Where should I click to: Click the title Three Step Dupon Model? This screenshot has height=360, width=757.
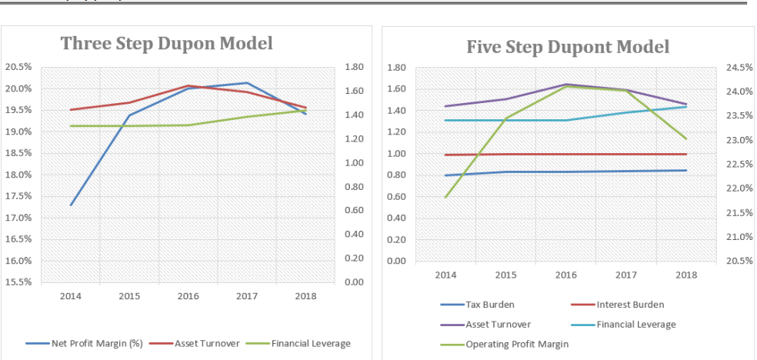(x=166, y=43)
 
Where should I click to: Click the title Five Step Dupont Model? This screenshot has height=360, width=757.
(x=568, y=47)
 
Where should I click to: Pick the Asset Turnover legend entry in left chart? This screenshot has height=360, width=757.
(x=206, y=343)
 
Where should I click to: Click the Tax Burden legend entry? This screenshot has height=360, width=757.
(x=490, y=305)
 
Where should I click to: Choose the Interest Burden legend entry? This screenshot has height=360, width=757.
(x=629, y=305)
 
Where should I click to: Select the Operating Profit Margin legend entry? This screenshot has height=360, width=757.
(x=517, y=344)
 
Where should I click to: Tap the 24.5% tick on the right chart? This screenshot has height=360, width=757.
(x=739, y=68)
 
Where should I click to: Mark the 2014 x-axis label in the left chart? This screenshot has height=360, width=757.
(x=71, y=296)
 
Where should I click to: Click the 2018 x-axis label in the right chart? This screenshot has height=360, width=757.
(x=685, y=275)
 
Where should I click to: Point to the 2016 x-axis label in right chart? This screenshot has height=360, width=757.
(x=565, y=275)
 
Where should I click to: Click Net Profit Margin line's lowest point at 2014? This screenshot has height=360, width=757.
(x=72, y=205)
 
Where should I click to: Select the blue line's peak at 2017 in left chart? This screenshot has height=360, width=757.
(x=247, y=82)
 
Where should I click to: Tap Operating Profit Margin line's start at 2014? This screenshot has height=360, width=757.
(x=446, y=197)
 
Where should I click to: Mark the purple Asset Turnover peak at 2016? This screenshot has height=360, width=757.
(x=566, y=84)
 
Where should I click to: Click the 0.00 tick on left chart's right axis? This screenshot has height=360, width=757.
(x=355, y=282)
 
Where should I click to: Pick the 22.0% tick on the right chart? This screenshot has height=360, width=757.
(x=739, y=188)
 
